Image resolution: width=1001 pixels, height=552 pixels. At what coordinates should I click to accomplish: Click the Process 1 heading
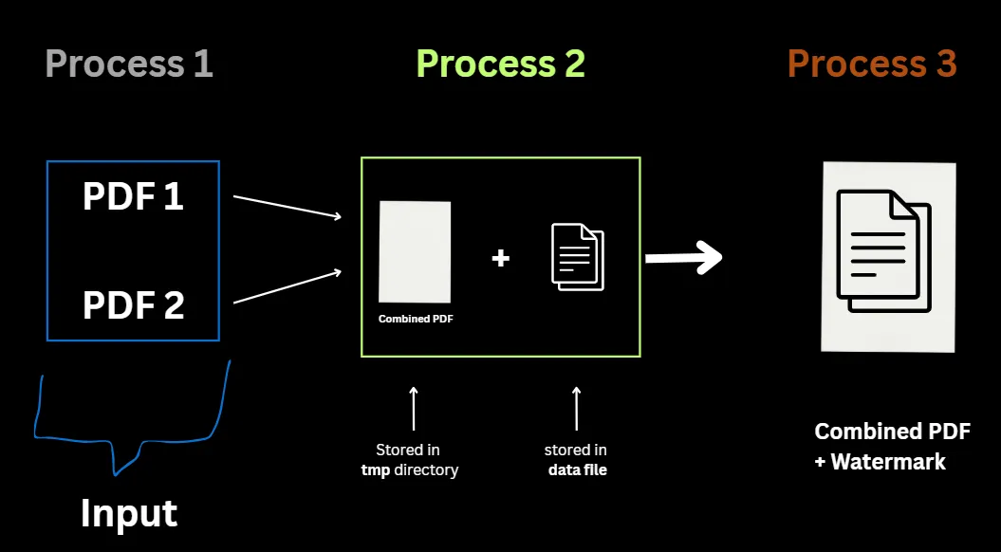129,64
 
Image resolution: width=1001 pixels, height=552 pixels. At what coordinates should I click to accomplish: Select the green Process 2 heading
500,64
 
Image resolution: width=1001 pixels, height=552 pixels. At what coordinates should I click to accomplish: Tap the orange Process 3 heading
871,64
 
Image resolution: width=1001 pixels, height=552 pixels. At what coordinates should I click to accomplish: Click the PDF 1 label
133,197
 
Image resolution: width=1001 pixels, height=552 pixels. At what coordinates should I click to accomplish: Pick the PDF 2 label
133,305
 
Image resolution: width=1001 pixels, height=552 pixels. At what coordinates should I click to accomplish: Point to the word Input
129,513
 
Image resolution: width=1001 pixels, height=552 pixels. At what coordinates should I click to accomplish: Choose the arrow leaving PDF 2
287,287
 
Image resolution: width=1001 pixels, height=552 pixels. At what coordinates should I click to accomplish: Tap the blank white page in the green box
415,250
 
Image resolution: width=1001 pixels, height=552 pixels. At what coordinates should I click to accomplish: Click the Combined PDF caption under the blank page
416,319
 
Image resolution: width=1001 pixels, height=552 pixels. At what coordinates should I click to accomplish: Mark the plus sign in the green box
500,257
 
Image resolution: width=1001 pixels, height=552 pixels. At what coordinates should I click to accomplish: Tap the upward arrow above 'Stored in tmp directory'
413,408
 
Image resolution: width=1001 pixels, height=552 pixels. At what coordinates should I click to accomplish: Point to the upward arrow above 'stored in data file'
576,408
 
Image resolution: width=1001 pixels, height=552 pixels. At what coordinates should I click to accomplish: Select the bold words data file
577,469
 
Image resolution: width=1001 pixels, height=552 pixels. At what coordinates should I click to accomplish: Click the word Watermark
888,462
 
